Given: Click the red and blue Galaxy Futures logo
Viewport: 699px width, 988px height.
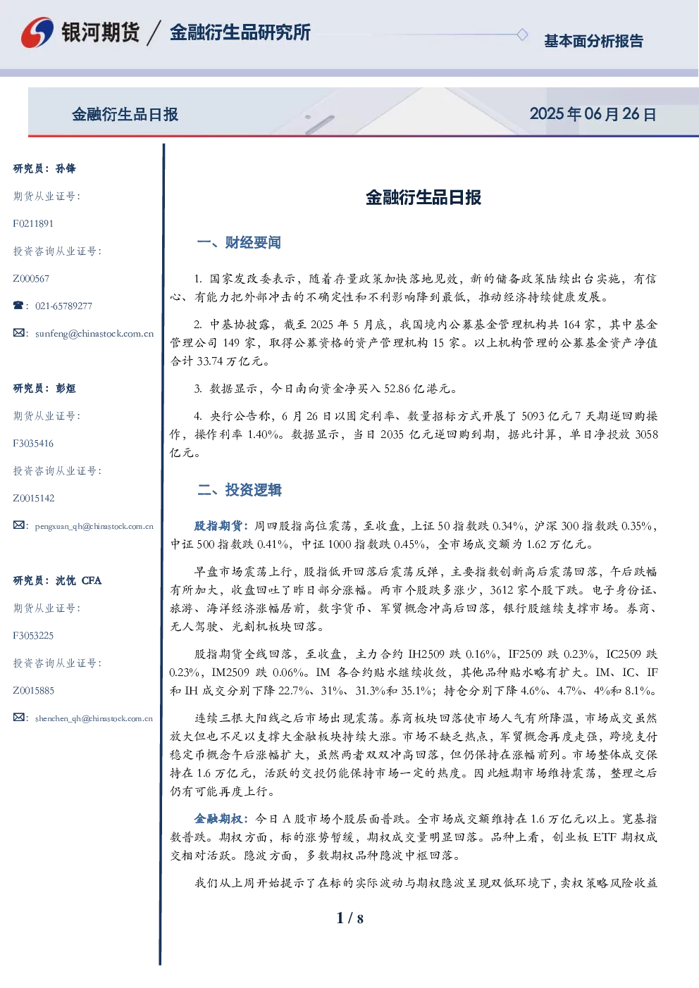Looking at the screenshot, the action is point(37,32).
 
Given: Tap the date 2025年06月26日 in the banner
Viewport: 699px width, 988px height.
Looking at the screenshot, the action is point(593,114).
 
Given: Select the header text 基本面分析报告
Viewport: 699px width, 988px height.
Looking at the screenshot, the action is point(593,41).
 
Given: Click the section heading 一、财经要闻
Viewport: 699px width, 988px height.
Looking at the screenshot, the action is point(239,242).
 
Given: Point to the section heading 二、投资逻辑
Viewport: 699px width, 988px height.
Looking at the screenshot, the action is point(240,489).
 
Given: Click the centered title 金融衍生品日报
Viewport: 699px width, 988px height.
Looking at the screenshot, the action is point(423,197).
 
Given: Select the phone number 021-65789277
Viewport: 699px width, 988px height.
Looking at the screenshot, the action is point(63,306).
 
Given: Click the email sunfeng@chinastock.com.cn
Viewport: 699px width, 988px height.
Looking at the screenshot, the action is point(94,334).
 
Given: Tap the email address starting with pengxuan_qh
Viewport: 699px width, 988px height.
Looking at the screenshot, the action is point(94,526).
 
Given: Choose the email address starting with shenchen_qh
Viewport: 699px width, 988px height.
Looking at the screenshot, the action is point(94,718).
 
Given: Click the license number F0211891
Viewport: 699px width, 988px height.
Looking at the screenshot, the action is point(33,223).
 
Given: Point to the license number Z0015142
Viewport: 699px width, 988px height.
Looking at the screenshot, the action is point(34,498).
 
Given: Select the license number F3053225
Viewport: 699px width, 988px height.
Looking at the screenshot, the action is point(33,635).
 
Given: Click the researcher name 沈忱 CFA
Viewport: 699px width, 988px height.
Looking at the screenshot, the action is point(78,580).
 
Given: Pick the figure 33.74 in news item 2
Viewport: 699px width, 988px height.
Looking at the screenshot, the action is point(210,361).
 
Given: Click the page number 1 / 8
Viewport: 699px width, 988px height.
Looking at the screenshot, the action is point(349,918).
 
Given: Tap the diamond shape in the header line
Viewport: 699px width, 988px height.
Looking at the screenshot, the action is point(522,35).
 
